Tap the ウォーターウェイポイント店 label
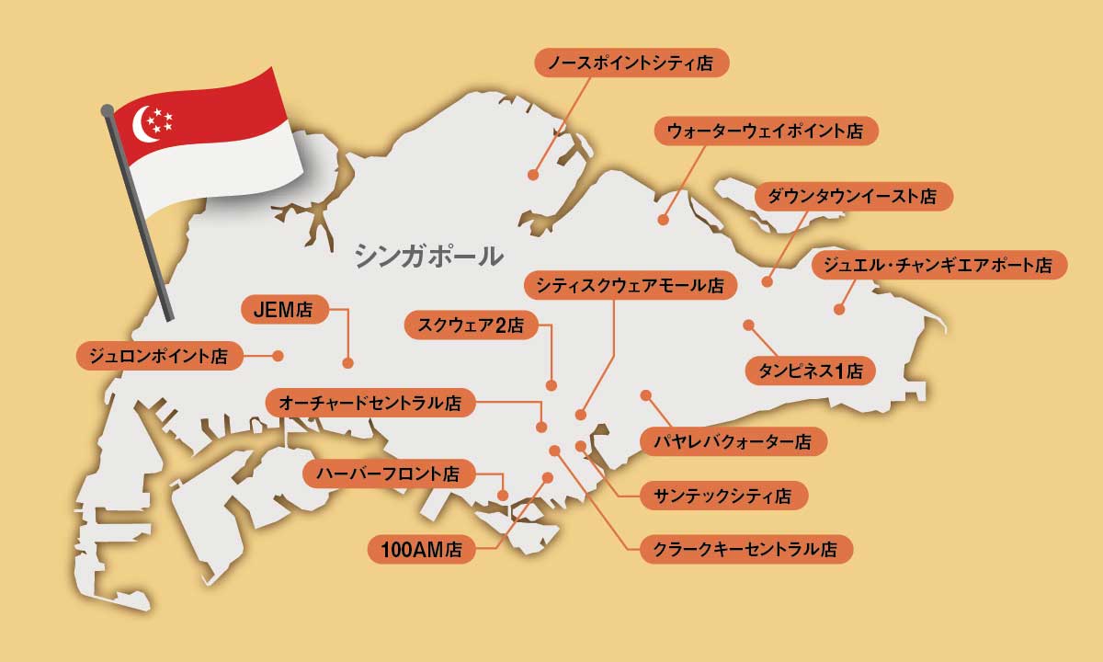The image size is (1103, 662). pyautogui.click(x=767, y=131)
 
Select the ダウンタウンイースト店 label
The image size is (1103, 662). pyautogui.click(x=854, y=197)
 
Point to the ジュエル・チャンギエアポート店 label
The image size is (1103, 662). pyautogui.click(x=939, y=266)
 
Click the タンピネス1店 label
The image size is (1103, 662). pyautogui.click(x=810, y=371)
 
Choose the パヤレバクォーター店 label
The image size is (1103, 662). pyautogui.click(x=733, y=442)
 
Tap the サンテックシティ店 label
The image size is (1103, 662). pyautogui.click(x=722, y=496)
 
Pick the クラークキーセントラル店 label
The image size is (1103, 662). pyautogui.click(x=745, y=550)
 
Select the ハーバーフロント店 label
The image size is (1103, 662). pyautogui.click(x=388, y=474)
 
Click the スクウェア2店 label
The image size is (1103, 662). pyautogui.click(x=470, y=325)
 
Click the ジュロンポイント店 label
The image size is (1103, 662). pyautogui.click(x=158, y=355)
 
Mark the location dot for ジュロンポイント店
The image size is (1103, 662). pyautogui.click(x=278, y=355)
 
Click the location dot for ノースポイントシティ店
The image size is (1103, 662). pyautogui.click(x=533, y=175)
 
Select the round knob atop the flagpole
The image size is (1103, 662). pyautogui.click(x=108, y=110)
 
